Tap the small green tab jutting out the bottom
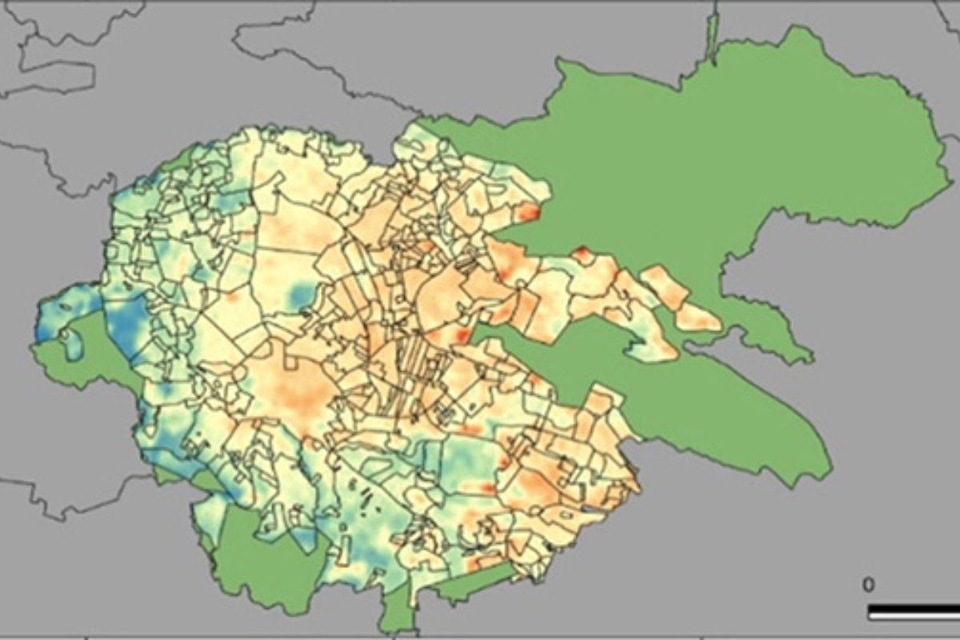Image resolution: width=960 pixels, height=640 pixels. [x=397, y=612]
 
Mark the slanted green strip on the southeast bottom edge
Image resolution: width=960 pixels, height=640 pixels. [x=472, y=584]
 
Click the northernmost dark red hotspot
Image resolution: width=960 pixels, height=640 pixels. [x=529, y=213]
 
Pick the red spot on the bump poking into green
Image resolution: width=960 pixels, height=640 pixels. [x=582, y=254]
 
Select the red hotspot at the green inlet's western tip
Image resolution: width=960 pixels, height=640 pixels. [x=462, y=334]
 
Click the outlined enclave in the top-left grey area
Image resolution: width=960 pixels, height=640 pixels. [x=56, y=76]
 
